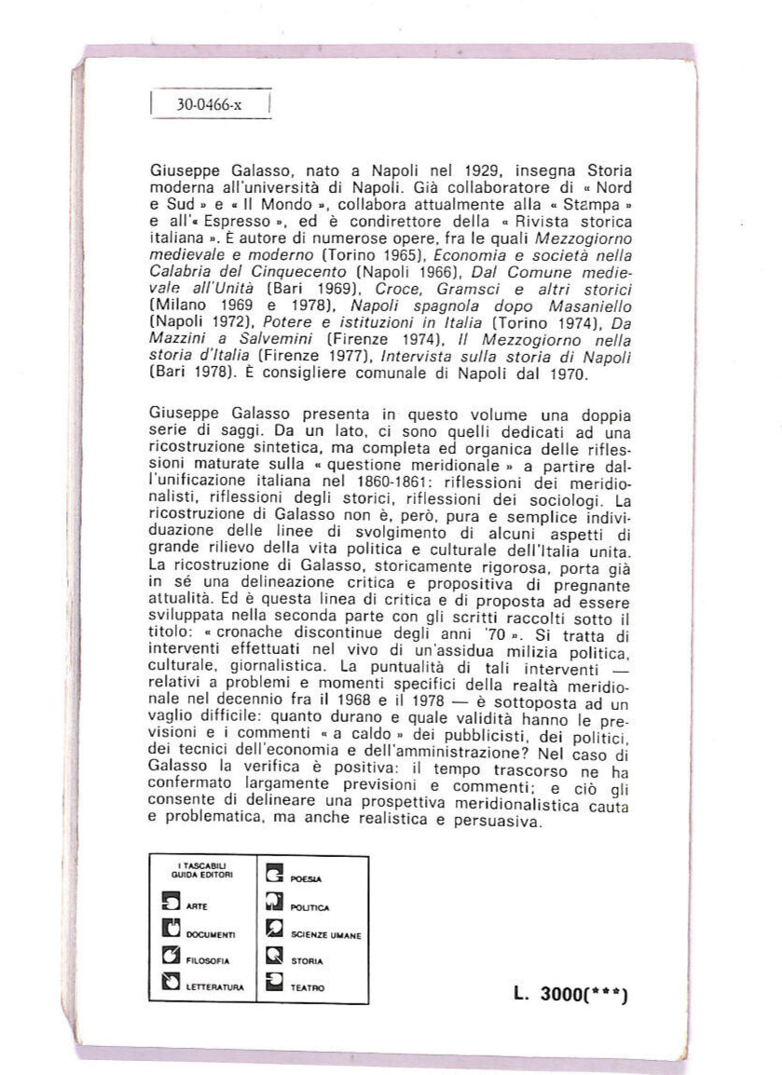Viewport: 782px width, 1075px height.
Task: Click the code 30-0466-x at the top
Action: [209, 105]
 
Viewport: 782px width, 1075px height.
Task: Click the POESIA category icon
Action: [273, 875]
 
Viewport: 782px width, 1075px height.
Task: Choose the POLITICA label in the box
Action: [310, 905]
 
